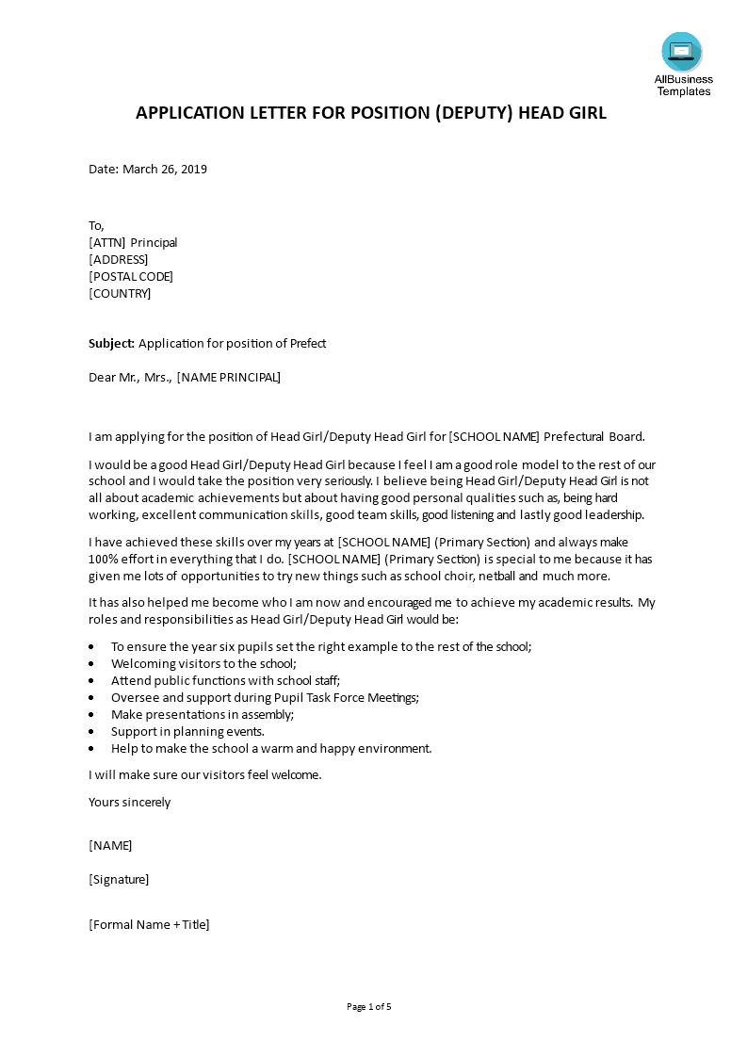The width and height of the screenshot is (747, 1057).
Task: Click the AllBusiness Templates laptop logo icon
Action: pos(682,52)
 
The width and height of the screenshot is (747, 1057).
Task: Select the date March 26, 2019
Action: pos(165,170)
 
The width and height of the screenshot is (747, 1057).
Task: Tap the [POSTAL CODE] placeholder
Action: pos(131,276)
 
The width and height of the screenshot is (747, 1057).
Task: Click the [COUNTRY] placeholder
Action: pos(120,293)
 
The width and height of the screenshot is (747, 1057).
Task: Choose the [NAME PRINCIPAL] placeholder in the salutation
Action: pos(228,378)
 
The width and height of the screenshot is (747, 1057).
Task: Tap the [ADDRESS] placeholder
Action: pos(119,259)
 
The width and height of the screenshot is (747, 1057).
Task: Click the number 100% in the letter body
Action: pos(103,559)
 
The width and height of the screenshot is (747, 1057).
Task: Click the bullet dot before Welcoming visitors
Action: pos(91,664)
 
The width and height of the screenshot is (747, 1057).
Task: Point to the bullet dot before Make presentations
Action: pos(91,715)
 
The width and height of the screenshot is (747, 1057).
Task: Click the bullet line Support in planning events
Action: pos(187,731)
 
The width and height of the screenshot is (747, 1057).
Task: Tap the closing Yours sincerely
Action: pos(130,802)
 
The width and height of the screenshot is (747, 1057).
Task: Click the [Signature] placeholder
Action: pos(119,879)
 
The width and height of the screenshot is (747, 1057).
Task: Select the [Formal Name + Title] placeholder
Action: pos(149,924)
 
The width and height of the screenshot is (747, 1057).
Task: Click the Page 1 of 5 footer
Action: pos(368,1006)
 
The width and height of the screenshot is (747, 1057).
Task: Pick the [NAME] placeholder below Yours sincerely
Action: pos(110,845)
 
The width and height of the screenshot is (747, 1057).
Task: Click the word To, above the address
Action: pos(96,225)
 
